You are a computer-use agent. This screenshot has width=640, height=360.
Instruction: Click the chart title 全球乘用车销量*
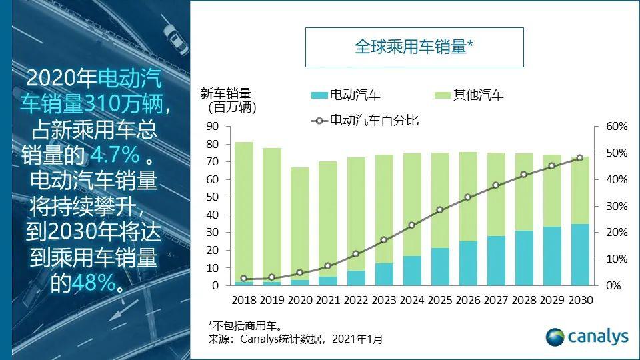(x=413, y=47)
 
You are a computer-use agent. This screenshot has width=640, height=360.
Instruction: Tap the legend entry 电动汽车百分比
(x=365, y=121)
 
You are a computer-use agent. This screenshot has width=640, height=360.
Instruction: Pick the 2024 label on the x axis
(x=412, y=300)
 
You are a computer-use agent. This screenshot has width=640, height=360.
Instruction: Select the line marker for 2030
(x=579, y=158)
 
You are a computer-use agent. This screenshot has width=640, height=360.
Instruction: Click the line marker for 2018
(x=244, y=279)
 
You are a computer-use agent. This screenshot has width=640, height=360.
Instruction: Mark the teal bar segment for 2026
(x=468, y=263)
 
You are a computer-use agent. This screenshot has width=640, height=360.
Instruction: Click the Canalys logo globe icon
(x=555, y=337)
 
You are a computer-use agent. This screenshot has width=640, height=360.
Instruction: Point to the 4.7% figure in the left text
(x=115, y=155)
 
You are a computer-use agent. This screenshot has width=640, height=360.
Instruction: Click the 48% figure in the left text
(x=93, y=283)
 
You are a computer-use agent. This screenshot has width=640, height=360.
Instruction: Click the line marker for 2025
(x=440, y=210)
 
